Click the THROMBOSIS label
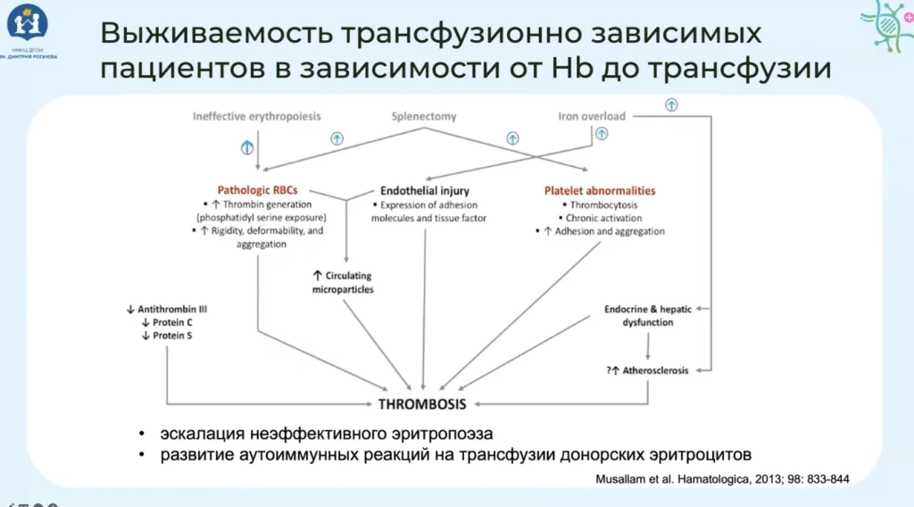(422, 403)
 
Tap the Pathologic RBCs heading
(257, 190)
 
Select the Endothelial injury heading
(424, 190)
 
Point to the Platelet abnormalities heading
(600, 190)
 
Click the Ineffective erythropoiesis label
(256, 116)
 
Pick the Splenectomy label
(424, 116)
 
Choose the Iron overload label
(591, 116)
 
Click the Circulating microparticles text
(343, 283)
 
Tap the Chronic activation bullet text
(603, 218)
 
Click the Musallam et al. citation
(722, 479)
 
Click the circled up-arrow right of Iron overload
(671, 105)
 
